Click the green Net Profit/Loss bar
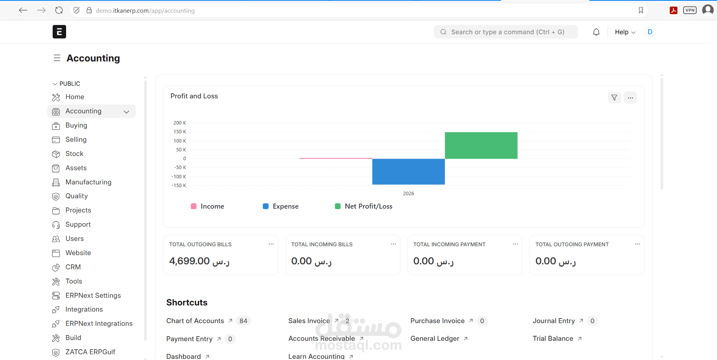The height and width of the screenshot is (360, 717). tap(481, 145)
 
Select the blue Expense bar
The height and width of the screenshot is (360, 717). tap(408, 172)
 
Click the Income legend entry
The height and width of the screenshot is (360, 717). tap(207, 206)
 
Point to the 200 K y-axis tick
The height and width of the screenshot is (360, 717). tap(179, 123)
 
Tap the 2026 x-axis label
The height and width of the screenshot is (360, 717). tap(408, 194)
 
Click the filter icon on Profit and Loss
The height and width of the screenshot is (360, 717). tap(614, 98)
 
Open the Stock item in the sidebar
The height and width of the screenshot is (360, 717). tap(74, 154)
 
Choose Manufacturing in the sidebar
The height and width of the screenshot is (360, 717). tap(88, 182)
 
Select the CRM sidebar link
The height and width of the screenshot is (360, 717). tap(73, 267)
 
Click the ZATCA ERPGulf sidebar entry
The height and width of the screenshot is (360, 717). tap(90, 352)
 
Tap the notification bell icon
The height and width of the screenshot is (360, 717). tap(596, 32)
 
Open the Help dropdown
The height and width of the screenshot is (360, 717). tap(625, 32)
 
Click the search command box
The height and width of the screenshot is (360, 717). tap(506, 32)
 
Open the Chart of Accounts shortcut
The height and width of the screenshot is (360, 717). tap(195, 321)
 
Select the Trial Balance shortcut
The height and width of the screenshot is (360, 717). tap(553, 338)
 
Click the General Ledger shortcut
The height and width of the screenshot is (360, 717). tap(435, 338)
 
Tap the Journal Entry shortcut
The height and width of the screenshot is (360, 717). tap(554, 321)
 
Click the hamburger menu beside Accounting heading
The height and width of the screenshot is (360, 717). tap(57, 58)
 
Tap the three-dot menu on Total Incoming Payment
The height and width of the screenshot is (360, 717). tap(515, 244)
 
